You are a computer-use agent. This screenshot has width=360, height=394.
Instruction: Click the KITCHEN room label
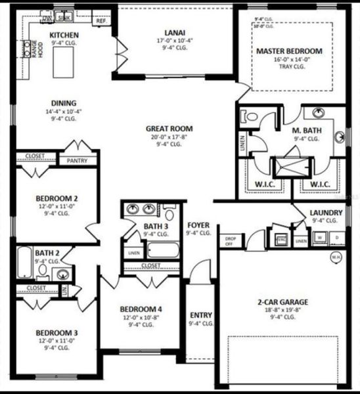(x=64, y=35)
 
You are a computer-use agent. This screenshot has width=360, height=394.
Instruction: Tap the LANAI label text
(x=174, y=32)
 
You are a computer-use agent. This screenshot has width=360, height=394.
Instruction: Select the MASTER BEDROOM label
(x=290, y=51)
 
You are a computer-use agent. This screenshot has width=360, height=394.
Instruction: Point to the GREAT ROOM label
(x=169, y=128)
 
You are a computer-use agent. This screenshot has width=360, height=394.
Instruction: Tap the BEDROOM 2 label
(x=57, y=198)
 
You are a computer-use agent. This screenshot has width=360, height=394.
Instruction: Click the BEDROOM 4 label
(x=141, y=309)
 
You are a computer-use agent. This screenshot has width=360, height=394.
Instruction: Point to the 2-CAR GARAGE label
(x=282, y=303)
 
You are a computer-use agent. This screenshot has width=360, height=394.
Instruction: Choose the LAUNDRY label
(x=326, y=213)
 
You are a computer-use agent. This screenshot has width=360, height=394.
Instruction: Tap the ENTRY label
(x=200, y=315)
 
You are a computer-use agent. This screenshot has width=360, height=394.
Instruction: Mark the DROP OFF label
(x=230, y=241)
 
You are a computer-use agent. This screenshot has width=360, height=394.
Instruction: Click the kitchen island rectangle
(x=66, y=60)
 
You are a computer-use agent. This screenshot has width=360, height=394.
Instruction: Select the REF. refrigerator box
(x=102, y=21)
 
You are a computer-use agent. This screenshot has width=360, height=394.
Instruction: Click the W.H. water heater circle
(x=336, y=256)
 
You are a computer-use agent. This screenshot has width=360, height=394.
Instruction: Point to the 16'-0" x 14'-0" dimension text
(x=290, y=59)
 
